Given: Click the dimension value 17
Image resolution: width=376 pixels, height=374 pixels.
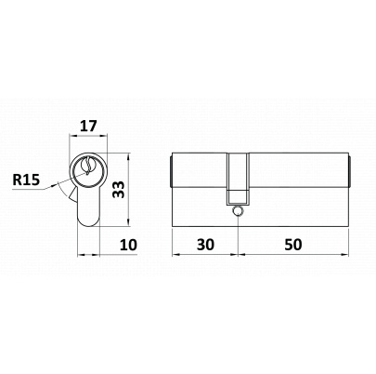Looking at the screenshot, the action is coord(88,127).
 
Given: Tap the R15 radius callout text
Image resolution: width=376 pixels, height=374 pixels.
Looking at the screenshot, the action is coord(26,180).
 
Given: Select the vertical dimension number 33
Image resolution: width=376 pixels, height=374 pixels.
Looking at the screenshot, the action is coord(119,190).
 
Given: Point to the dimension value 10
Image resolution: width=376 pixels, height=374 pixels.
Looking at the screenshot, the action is coord(128,245).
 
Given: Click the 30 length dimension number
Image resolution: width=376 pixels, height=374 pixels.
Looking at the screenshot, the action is coord(205,245).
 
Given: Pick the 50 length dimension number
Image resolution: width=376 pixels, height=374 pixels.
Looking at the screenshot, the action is coord(292,245).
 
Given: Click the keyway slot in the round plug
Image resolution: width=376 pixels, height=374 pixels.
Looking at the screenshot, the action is coord(88,166).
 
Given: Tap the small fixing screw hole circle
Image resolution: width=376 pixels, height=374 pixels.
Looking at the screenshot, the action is coord(238,211).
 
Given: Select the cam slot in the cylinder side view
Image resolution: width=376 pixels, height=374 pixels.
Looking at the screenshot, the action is coord(238,179).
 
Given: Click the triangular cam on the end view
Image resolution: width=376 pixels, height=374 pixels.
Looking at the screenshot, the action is coord(73,195).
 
